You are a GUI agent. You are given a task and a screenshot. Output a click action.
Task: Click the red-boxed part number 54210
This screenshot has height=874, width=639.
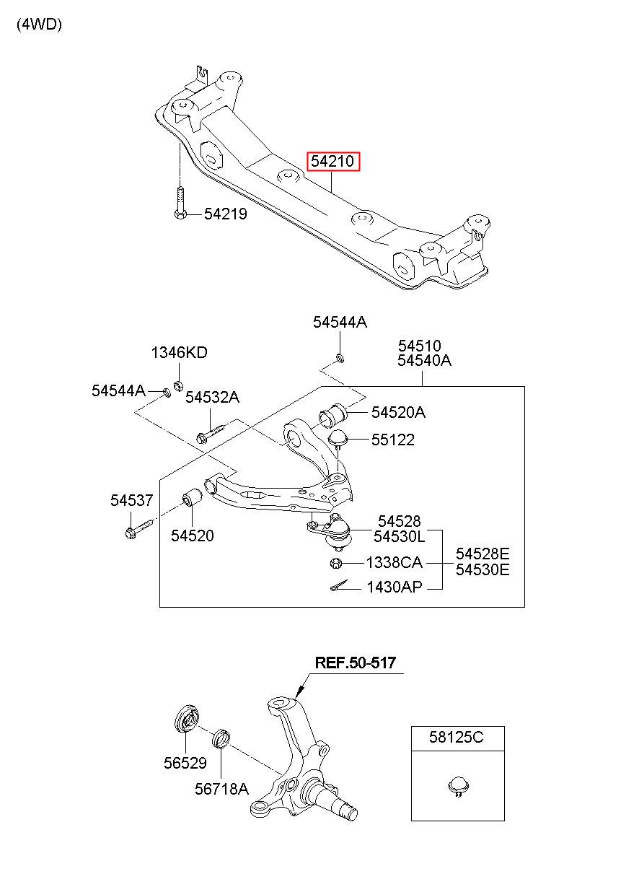click(x=332, y=161)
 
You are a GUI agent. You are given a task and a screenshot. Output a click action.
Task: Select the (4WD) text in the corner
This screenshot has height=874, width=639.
click(x=39, y=25)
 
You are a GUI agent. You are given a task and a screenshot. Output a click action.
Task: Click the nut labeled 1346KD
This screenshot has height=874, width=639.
click(x=178, y=386)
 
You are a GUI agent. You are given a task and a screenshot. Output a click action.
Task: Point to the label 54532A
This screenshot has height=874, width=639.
click(x=212, y=397)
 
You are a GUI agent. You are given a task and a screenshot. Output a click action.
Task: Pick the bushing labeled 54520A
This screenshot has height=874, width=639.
click(x=332, y=414)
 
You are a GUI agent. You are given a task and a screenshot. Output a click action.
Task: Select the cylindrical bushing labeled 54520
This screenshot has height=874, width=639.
click(x=193, y=497)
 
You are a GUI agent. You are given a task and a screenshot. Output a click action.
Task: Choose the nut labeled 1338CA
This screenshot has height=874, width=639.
click(x=335, y=563)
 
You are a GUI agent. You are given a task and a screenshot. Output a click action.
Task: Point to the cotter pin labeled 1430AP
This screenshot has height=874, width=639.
click(x=340, y=586)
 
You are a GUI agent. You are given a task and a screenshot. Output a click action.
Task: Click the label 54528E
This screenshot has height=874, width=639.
click(x=482, y=554)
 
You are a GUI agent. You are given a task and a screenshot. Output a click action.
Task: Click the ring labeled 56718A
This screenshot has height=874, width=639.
click(x=221, y=738)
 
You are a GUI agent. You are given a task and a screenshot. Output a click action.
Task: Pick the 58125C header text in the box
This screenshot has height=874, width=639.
click(x=456, y=737)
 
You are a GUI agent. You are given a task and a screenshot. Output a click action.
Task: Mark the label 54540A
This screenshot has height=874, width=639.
click(x=424, y=360)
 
